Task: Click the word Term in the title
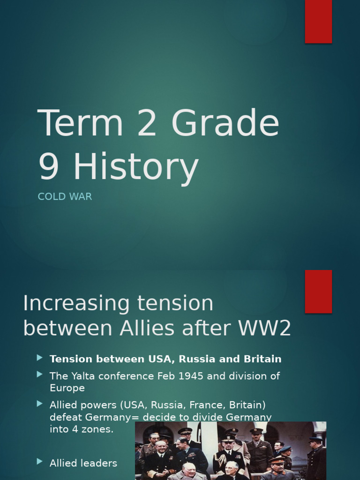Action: click(80, 123)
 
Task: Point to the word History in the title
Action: click(136, 167)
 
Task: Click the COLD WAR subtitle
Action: click(65, 197)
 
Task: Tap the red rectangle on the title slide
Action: click(318, 21)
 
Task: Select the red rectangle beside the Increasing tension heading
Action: click(318, 291)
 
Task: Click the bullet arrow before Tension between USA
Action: click(40, 358)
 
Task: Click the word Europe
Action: click(67, 388)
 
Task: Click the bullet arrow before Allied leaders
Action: click(40, 462)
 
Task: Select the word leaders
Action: click(99, 463)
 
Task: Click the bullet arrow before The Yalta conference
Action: click(40, 375)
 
